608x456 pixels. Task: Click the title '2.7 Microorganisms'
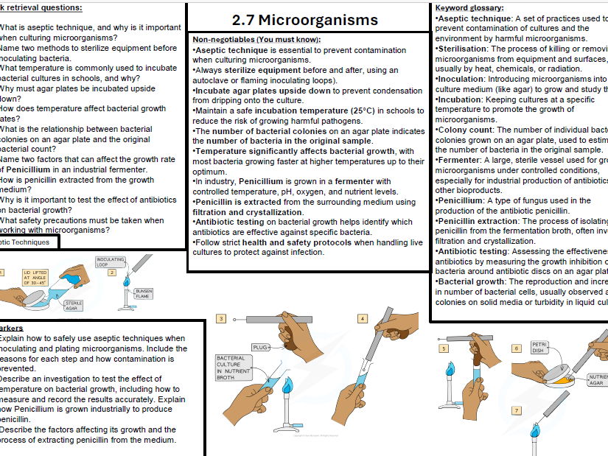(x=304, y=19)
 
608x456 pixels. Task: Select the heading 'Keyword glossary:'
(x=469, y=7)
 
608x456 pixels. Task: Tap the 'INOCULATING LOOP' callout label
(x=111, y=262)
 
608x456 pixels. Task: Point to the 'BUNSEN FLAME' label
(x=144, y=294)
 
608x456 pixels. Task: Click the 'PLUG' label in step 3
(x=260, y=346)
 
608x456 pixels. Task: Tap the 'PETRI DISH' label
(x=539, y=347)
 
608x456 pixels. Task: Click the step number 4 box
(x=363, y=319)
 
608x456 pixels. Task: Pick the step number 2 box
(x=112, y=272)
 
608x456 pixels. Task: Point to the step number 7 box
(x=517, y=410)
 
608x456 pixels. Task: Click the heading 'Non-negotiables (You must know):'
(x=256, y=39)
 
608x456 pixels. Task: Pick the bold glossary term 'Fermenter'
(x=459, y=159)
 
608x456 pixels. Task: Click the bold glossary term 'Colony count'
(x=465, y=130)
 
